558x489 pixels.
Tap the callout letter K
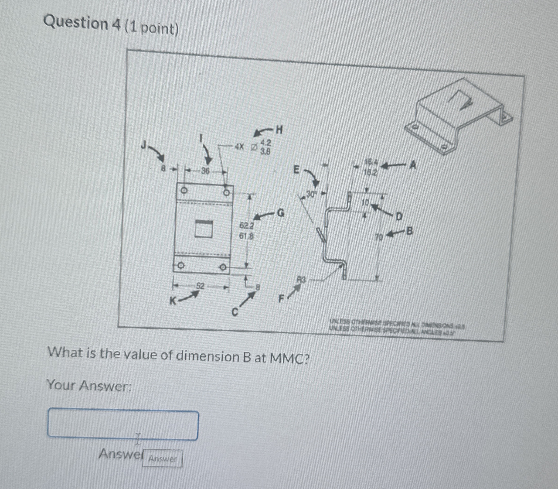pos(172,301)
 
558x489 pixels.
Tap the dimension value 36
pos(205,171)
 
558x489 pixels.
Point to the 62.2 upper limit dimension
pos(247,226)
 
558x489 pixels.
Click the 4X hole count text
pos(239,147)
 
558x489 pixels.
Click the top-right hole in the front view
pos(226,192)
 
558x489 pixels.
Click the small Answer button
pos(162,459)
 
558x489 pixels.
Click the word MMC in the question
pos(289,358)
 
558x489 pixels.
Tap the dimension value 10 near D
pos(365,202)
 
